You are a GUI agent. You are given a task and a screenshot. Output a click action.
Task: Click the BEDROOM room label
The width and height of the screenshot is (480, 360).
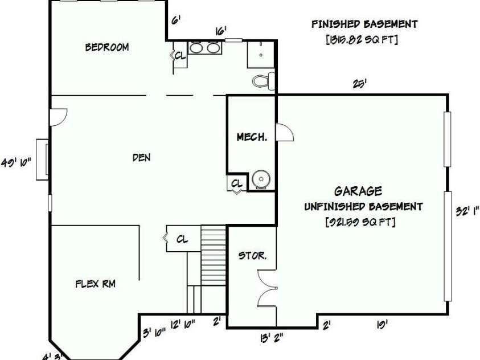pos(107,47)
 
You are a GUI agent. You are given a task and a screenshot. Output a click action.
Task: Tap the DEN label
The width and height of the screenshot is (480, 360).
pos(141,157)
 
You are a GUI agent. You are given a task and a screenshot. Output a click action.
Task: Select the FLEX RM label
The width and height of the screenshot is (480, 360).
pos(96,283)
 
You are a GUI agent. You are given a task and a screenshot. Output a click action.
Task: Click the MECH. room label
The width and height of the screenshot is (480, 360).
pos(252,137)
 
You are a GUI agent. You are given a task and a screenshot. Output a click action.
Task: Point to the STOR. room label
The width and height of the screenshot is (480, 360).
pos(252,256)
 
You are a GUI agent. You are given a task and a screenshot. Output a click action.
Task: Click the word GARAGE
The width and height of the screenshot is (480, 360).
pos(358,191)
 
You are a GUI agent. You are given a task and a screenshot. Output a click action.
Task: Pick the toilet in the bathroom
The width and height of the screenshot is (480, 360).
pos(263,81)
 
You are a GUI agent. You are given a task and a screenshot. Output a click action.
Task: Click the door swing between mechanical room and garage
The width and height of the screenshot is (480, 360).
pos(285,133)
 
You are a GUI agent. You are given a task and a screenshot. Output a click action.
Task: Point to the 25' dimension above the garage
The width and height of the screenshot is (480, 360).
pos(359,84)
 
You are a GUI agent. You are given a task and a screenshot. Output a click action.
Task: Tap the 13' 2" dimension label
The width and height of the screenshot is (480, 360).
pos(272,338)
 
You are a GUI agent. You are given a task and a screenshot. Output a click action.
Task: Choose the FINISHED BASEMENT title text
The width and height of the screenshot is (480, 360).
pos(364,24)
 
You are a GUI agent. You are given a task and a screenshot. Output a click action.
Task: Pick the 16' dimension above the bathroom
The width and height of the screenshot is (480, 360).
pos(220,31)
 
